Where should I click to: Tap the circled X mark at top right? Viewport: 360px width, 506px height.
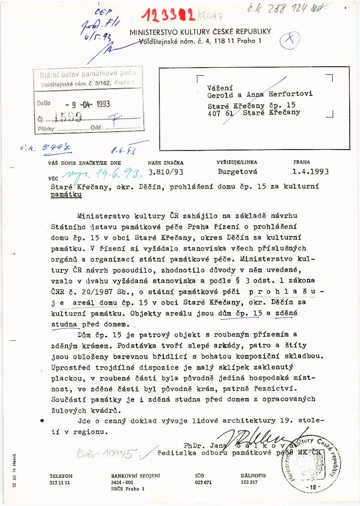click(290, 41)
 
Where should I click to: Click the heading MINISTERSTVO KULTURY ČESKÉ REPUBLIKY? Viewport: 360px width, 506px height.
click(200, 32)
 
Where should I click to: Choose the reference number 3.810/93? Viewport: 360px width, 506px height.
click(165, 171)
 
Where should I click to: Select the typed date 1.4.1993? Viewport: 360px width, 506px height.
click(311, 171)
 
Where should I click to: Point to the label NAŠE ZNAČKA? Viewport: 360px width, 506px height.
click(165, 163)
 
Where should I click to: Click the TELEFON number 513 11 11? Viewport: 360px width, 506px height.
click(60, 483)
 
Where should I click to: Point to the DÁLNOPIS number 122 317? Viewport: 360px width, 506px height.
click(249, 483)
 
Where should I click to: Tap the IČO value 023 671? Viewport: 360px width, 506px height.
click(204, 483)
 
